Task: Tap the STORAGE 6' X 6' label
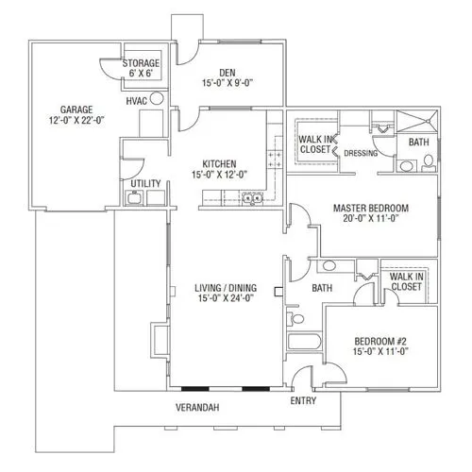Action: point(141,68)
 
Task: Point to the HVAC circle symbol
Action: point(157,98)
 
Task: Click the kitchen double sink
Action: point(253,198)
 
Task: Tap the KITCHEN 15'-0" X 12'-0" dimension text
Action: point(219,174)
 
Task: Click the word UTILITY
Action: point(145,183)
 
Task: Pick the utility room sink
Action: point(135,198)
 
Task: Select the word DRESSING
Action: point(361,153)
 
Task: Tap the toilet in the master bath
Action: point(429,162)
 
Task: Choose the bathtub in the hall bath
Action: point(304,342)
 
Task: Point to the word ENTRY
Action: point(303,400)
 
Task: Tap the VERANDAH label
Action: point(197,408)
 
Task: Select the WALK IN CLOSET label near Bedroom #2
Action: point(406,281)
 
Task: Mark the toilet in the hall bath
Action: point(295,319)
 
